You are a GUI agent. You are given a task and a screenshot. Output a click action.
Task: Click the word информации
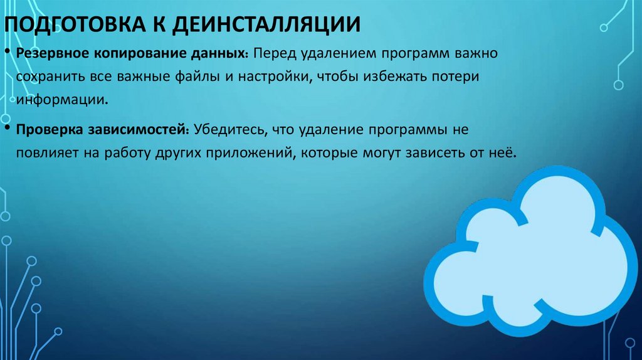[58, 99]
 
